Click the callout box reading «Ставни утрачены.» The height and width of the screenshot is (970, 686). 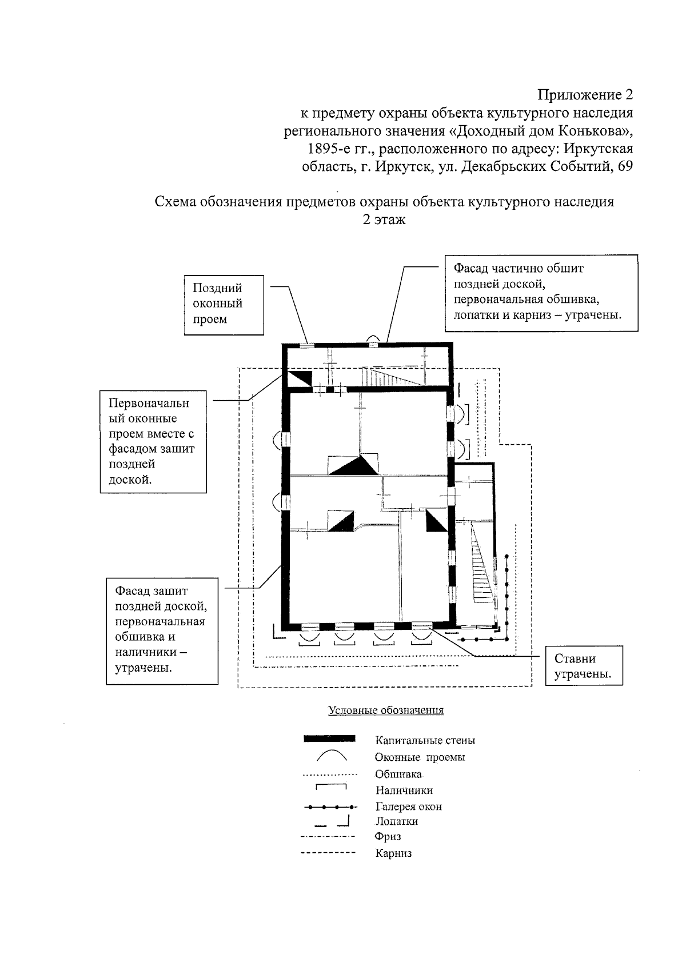(x=583, y=666)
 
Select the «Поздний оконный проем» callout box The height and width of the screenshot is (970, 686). (x=224, y=304)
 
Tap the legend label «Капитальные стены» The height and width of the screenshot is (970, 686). (x=425, y=740)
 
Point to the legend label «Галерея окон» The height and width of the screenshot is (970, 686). (x=408, y=807)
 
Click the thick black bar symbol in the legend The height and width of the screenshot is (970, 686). (x=330, y=739)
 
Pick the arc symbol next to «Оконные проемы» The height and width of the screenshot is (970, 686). (x=331, y=756)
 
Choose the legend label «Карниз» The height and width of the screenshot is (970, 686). (x=393, y=853)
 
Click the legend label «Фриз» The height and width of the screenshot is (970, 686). (x=388, y=836)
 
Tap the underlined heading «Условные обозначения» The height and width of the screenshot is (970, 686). (x=386, y=710)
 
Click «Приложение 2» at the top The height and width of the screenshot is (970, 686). (x=586, y=94)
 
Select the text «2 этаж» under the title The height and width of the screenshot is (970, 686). (x=384, y=219)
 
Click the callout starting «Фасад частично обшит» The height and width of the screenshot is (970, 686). (x=541, y=292)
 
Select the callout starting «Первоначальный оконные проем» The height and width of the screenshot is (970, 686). (x=153, y=441)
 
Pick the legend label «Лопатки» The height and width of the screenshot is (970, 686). (x=396, y=821)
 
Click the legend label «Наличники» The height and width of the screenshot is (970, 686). (x=404, y=791)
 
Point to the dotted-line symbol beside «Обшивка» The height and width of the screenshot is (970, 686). (x=330, y=775)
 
